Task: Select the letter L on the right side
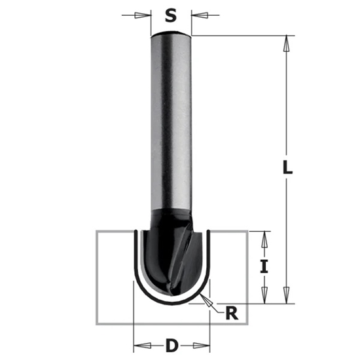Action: click(287, 168)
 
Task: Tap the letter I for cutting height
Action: click(264, 266)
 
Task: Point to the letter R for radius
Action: click(230, 313)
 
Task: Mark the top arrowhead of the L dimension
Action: click(287, 41)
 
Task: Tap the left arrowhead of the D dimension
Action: click(137, 344)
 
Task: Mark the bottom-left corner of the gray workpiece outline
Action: click(98, 324)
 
